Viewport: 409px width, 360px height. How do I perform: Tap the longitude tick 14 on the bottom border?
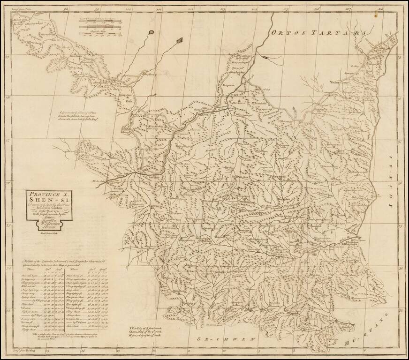point(83,349)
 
